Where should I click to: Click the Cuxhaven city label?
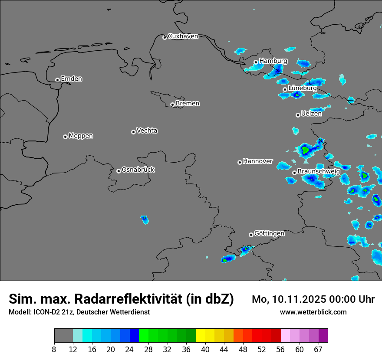pyautogui.click(x=183, y=36)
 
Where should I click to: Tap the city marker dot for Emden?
pyautogui.click(x=57, y=80)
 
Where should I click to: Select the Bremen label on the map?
pyautogui.click(x=188, y=104)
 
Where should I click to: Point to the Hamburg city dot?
pyautogui.click(x=256, y=62)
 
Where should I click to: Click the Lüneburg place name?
pyautogui.click(x=303, y=88)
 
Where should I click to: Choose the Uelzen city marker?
pyautogui.click(x=298, y=115)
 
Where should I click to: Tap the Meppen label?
pyautogui.click(x=81, y=136)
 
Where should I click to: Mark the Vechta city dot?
pyautogui.click(x=133, y=132)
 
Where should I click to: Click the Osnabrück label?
pyautogui.click(x=138, y=170)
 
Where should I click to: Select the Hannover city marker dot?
pyautogui.click(x=240, y=162)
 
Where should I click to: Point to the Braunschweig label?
pyautogui.click(x=319, y=172)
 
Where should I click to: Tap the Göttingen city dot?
pyautogui.click(x=251, y=235)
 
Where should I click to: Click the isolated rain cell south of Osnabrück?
pyautogui.click(x=145, y=220)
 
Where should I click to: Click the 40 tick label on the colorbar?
pyautogui.click(x=205, y=350)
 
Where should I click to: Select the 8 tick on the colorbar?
pyautogui.click(x=54, y=350)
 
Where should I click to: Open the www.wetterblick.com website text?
pyautogui.click(x=313, y=312)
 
